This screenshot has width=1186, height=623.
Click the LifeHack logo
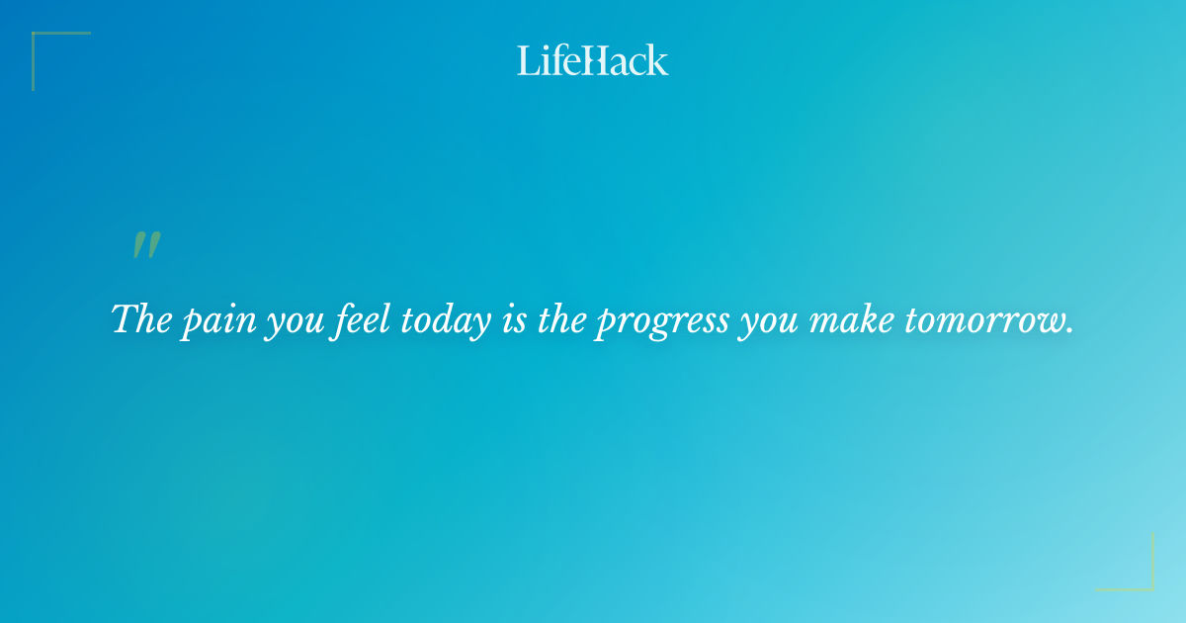pyautogui.click(x=593, y=60)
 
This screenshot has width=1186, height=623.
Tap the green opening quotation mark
pyautogui.click(x=146, y=246)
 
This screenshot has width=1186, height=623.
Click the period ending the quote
pyautogui.click(x=1069, y=331)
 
